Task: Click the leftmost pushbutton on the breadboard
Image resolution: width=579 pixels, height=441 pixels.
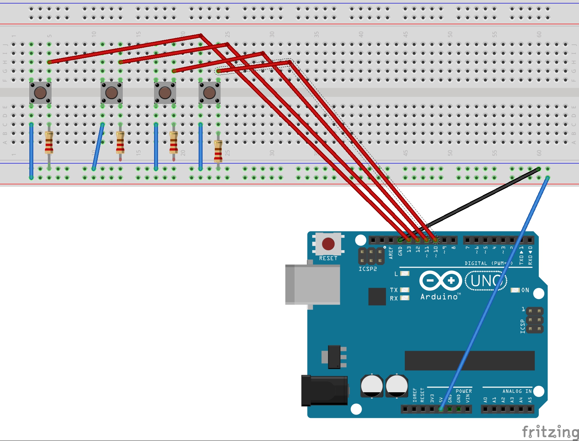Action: (x=40, y=93)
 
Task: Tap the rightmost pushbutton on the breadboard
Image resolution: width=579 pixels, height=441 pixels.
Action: (x=209, y=93)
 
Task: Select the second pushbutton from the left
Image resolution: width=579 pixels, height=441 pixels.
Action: (x=112, y=93)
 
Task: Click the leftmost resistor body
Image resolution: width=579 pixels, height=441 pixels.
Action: (x=49, y=142)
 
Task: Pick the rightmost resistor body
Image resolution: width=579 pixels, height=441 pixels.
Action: (x=218, y=151)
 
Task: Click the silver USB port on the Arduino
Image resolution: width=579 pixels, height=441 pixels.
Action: (x=313, y=284)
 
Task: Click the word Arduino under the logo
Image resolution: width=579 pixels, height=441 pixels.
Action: (x=439, y=297)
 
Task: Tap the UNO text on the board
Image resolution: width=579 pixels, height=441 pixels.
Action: (x=486, y=281)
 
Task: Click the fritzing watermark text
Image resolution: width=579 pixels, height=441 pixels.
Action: (x=550, y=431)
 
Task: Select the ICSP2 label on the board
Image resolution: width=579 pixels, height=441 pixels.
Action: (x=368, y=269)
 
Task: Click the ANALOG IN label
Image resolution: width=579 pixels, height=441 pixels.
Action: (x=517, y=391)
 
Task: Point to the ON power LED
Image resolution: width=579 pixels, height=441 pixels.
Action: (x=515, y=290)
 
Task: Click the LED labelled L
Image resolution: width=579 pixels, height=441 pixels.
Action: (x=404, y=274)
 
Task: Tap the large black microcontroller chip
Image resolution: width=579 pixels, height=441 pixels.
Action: (x=469, y=361)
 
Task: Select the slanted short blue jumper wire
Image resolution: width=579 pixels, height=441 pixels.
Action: (x=98, y=147)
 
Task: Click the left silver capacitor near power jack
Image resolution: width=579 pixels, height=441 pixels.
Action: (x=372, y=386)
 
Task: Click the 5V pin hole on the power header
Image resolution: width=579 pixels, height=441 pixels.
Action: (x=441, y=409)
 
